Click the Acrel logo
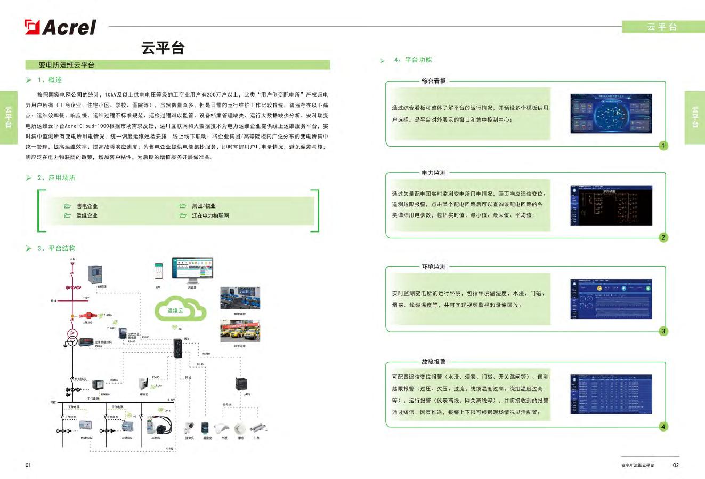tap(60, 27)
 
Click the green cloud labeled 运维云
tap(180, 309)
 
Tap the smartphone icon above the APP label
tap(158, 271)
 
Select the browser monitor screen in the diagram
tap(192, 268)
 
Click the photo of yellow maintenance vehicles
tap(240, 331)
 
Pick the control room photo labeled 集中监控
tap(240, 298)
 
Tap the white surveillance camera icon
tap(189, 428)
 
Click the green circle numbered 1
tap(663, 146)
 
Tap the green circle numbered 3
tap(663, 331)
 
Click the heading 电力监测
tap(433, 173)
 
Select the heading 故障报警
tap(433, 362)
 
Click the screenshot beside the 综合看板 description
tap(611, 114)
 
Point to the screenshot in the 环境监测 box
tap(611, 299)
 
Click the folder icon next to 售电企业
tap(67, 206)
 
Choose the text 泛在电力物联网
tap(210, 216)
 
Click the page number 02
tap(676, 465)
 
